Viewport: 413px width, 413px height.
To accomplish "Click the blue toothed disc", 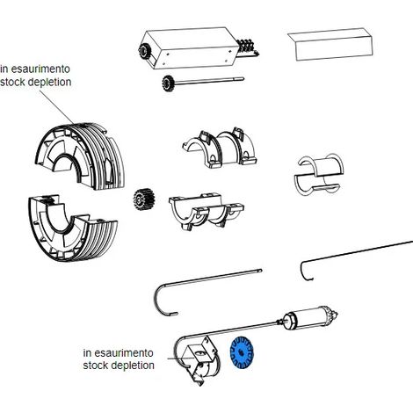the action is (241, 352).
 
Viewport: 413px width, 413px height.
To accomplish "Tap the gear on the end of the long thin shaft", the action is (168, 83).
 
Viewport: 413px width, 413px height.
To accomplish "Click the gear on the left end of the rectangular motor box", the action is (144, 52).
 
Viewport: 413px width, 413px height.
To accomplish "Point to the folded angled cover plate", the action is (330, 44).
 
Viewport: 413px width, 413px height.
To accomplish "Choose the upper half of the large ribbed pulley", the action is (81, 156).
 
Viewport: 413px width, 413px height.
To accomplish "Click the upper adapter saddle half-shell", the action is (220, 148).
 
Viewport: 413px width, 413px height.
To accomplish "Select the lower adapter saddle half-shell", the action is (206, 211).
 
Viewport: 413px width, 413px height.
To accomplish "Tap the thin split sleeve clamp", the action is (319, 174).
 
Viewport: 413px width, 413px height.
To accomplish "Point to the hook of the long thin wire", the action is (305, 271).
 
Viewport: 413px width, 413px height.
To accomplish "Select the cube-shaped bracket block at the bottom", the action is (200, 358).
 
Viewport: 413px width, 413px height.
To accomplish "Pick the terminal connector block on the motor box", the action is (248, 47).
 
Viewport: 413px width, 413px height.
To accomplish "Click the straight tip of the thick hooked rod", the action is (260, 271).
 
